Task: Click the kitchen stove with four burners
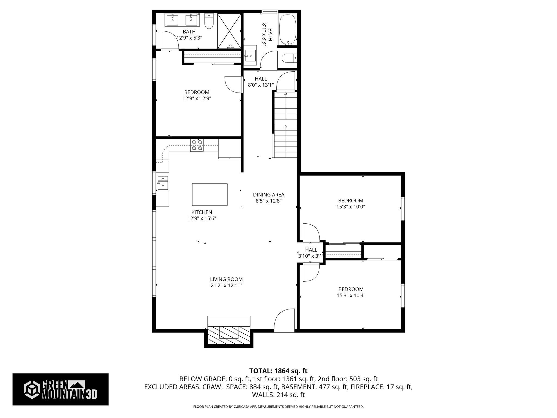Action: pyautogui.click(x=197, y=145)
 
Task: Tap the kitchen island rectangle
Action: pyautogui.click(x=210, y=194)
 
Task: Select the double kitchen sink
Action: pyautogui.click(x=163, y=182)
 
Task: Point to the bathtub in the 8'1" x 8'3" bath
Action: pyautogui.click(x=287, y=29)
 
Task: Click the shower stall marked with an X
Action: pyautogui.click(x=229, y=31)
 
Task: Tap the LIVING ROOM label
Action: pyautogui.click(x=226, y=279)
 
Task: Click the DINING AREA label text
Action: pyautogui.click(x=268, y=195)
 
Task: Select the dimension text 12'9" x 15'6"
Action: pyautogui.click(x=202, y=218)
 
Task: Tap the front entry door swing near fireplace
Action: pyautogui.click(x=284, y=319)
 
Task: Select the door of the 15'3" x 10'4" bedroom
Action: pyautogui.click(x=310, y=272)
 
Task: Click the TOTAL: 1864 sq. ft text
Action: pyautogui.click(x=278, y=371)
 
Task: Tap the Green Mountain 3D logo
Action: pyautogui.click(x=60, y=389)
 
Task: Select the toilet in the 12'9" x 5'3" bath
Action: pyautogui.click(x=209, y=22)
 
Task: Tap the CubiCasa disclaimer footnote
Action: pyautogui.click(x=278, y=407)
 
